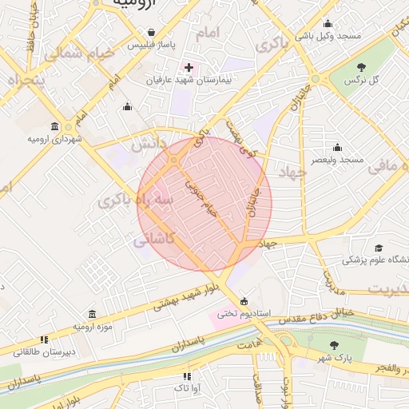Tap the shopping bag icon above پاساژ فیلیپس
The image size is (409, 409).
pos(151,32)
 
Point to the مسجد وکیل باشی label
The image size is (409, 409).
pos(328,36)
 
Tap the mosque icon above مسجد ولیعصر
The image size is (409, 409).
pos(338,147)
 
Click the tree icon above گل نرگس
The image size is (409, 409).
pos(361,68)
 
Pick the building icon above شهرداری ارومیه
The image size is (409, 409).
pos(54,126)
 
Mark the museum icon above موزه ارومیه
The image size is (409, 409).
pos(93,313)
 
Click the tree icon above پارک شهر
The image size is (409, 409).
pos(335,345)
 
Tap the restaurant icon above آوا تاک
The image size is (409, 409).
pos(187,375)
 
